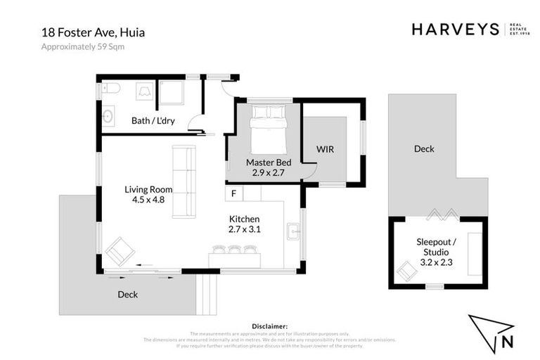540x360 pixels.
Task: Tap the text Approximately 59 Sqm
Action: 82,47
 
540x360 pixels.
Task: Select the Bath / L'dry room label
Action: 153,121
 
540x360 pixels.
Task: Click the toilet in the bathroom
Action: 112,88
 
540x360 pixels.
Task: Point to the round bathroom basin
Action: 109,117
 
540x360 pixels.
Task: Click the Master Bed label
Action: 264,162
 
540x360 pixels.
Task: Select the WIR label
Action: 325,150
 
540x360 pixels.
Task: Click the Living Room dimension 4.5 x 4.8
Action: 148,200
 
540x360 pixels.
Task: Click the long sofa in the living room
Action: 184,181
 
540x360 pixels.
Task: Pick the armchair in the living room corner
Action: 120,251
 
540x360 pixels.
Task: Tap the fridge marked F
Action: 233,193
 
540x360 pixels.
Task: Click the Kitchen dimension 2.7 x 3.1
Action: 244,229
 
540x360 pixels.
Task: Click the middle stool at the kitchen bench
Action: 235,249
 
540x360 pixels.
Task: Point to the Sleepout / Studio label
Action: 436,247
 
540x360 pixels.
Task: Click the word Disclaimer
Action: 269,326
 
